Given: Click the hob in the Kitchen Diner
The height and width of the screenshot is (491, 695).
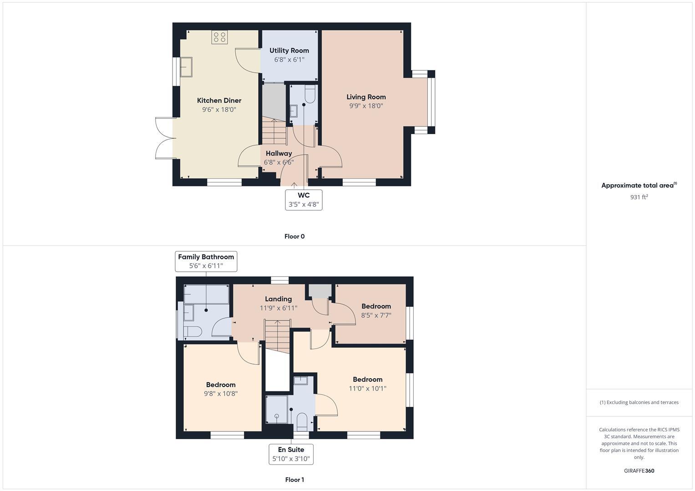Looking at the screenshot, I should [219, 37].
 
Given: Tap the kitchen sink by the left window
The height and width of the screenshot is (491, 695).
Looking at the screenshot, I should [186, 67].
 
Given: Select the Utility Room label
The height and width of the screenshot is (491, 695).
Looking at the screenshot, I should [289, 50].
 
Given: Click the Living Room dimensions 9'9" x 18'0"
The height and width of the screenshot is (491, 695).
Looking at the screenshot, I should [366, 106].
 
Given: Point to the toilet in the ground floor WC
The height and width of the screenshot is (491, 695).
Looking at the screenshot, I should [310, 95].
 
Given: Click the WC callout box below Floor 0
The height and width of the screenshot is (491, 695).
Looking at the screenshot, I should [304, 200].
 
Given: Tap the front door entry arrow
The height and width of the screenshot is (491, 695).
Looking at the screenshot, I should [294, 185].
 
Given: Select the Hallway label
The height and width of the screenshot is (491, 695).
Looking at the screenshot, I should [279, 154].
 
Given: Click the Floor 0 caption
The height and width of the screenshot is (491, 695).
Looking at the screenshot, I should [294, 236].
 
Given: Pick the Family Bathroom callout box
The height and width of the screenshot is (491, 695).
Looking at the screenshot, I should [206, 261].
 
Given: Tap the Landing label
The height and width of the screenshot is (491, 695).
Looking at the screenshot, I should [278, 299].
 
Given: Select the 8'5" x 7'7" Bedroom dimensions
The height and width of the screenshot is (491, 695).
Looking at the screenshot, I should [376, 316].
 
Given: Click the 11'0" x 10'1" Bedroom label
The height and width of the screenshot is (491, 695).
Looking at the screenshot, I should [367, 380].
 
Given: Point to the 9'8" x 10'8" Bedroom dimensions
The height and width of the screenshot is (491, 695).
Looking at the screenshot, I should [221, 394].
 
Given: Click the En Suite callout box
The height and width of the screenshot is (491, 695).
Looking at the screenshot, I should [291, 454].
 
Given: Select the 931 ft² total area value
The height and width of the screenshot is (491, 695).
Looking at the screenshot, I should [639, 197].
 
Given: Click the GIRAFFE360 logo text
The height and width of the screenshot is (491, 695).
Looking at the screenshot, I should [639, 471].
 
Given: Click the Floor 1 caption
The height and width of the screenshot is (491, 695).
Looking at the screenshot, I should [294, 480].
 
